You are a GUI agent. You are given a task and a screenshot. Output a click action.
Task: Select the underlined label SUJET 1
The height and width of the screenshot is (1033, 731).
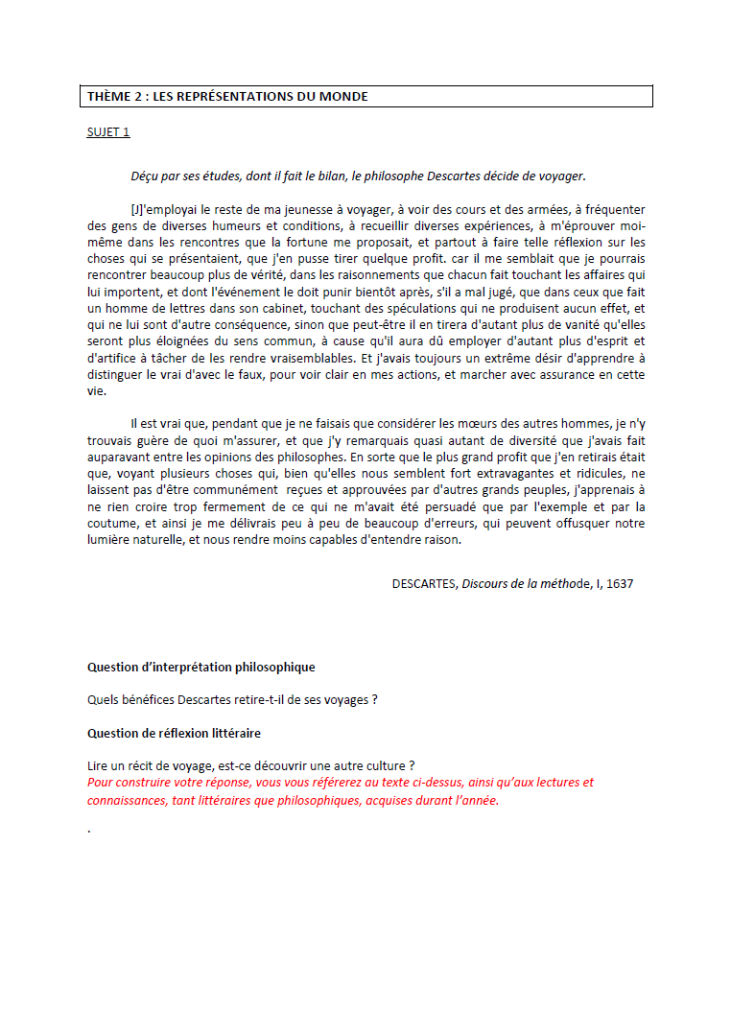[108, 132]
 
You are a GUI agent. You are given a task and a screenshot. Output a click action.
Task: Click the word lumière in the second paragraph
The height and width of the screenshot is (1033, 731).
[108, 540]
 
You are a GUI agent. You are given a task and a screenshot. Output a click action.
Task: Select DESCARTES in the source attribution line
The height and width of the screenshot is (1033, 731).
[424, 584]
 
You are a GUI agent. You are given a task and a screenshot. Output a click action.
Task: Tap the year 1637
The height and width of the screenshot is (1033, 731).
[620, 584]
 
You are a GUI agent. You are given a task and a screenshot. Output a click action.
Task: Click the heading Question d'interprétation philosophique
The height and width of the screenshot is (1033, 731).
[200, 668]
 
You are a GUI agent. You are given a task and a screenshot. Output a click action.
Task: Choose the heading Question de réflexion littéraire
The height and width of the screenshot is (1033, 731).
[174, 734]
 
